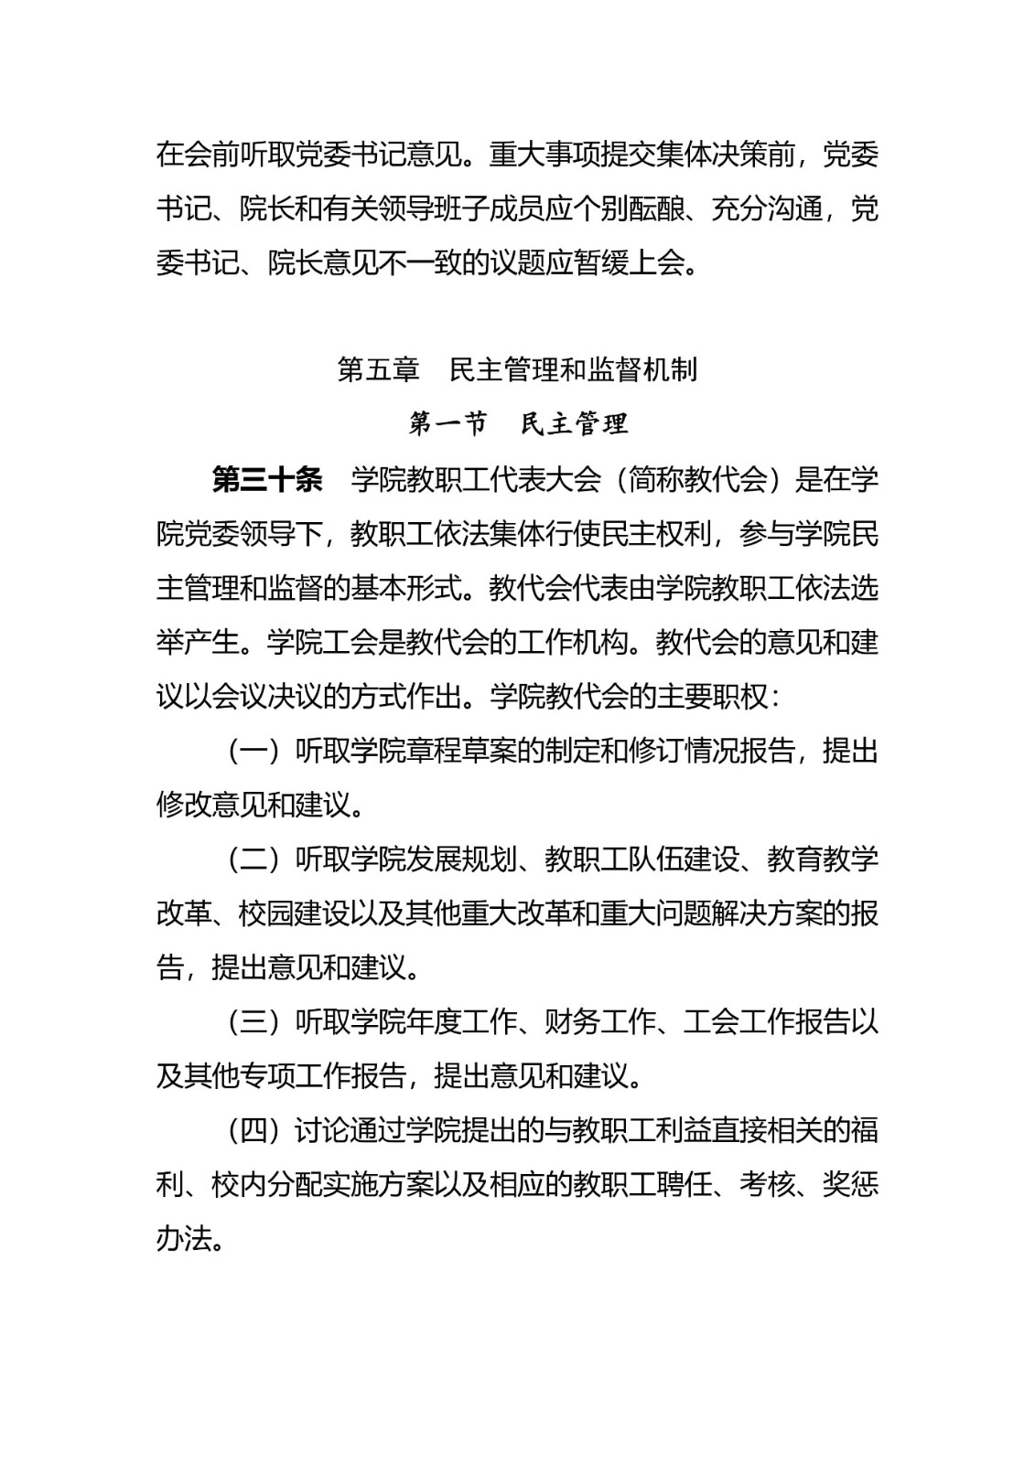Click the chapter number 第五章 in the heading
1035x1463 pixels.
(378, 369)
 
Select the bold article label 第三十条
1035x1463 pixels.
(267, 479)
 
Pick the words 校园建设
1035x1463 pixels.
(294, 913)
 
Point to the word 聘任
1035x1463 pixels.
(685, 1185)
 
